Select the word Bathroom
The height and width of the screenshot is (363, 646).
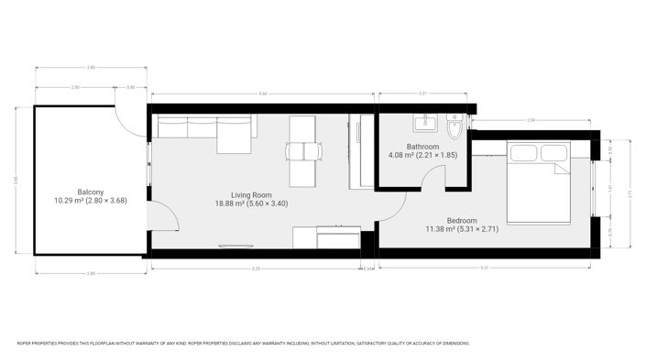[x=423, y=147]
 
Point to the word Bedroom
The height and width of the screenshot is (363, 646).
[x=461, y=220]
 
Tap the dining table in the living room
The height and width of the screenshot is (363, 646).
[x=304, y=150]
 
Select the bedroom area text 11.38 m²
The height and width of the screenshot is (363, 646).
[x=441, y=229]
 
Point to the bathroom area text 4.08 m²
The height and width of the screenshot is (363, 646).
[x=401, y=156]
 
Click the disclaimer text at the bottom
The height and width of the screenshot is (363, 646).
[x=243, y=344]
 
